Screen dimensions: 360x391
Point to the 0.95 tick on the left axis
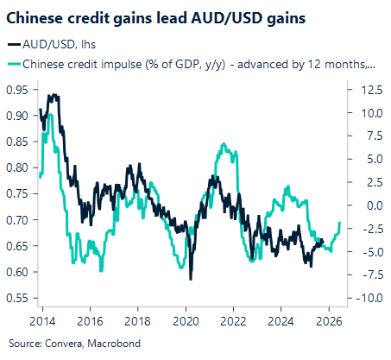coord(17,89)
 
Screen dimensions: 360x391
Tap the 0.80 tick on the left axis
coord(17,167)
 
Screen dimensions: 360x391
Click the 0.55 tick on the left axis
coord(17,299)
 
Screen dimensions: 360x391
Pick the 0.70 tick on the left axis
coord(17,220)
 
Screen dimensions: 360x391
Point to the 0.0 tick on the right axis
coord(371,205)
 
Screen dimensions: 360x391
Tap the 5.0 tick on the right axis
coord(371,159)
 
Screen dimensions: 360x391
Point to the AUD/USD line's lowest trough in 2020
coord(191,279)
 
